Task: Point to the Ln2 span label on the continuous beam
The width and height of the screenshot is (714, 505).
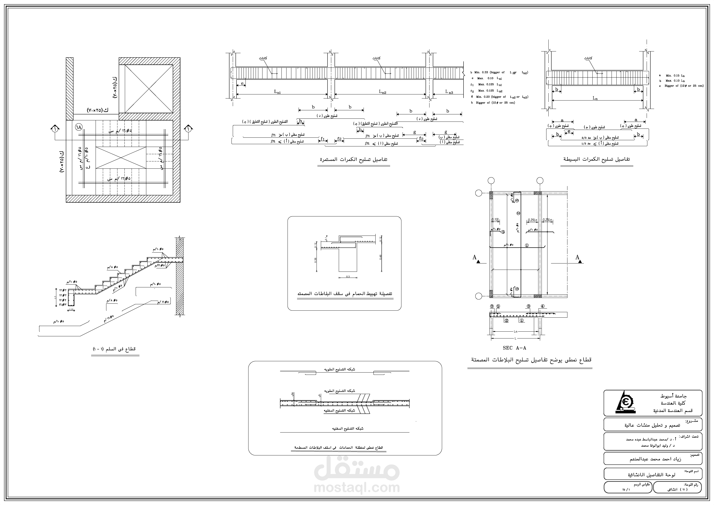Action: point(382,92)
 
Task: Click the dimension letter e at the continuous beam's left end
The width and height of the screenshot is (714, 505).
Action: point(242,83)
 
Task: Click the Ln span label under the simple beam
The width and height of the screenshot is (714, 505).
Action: point(595,98)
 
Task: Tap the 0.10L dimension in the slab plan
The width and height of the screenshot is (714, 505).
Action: point(495,220)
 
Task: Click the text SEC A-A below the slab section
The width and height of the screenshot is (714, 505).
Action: point(514,348)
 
